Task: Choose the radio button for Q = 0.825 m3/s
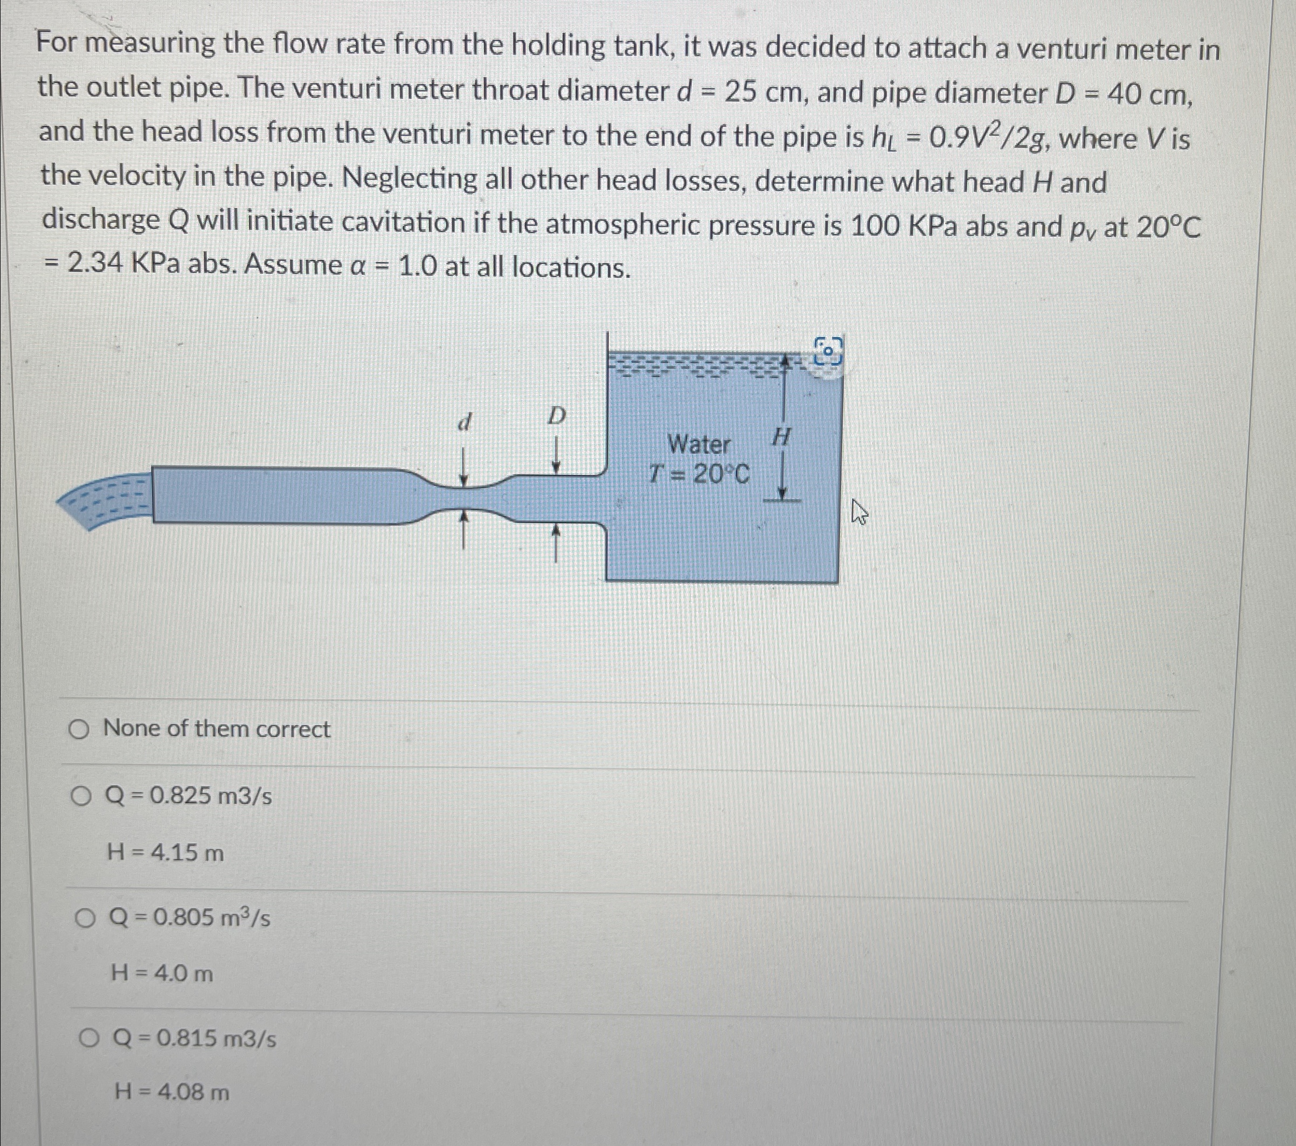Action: pos(81,796)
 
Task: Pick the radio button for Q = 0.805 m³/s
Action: pos(84,917)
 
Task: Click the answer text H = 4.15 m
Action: pos(165,853)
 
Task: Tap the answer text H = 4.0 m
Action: pos(162,973)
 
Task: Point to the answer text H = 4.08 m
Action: pos(172,1092)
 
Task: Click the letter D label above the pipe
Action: pos(556,417)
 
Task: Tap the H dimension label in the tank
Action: pos(781,437)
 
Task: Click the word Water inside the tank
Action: pos(699,445)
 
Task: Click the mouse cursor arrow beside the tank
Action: pos(858,511)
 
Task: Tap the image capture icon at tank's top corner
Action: pos(829,350)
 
